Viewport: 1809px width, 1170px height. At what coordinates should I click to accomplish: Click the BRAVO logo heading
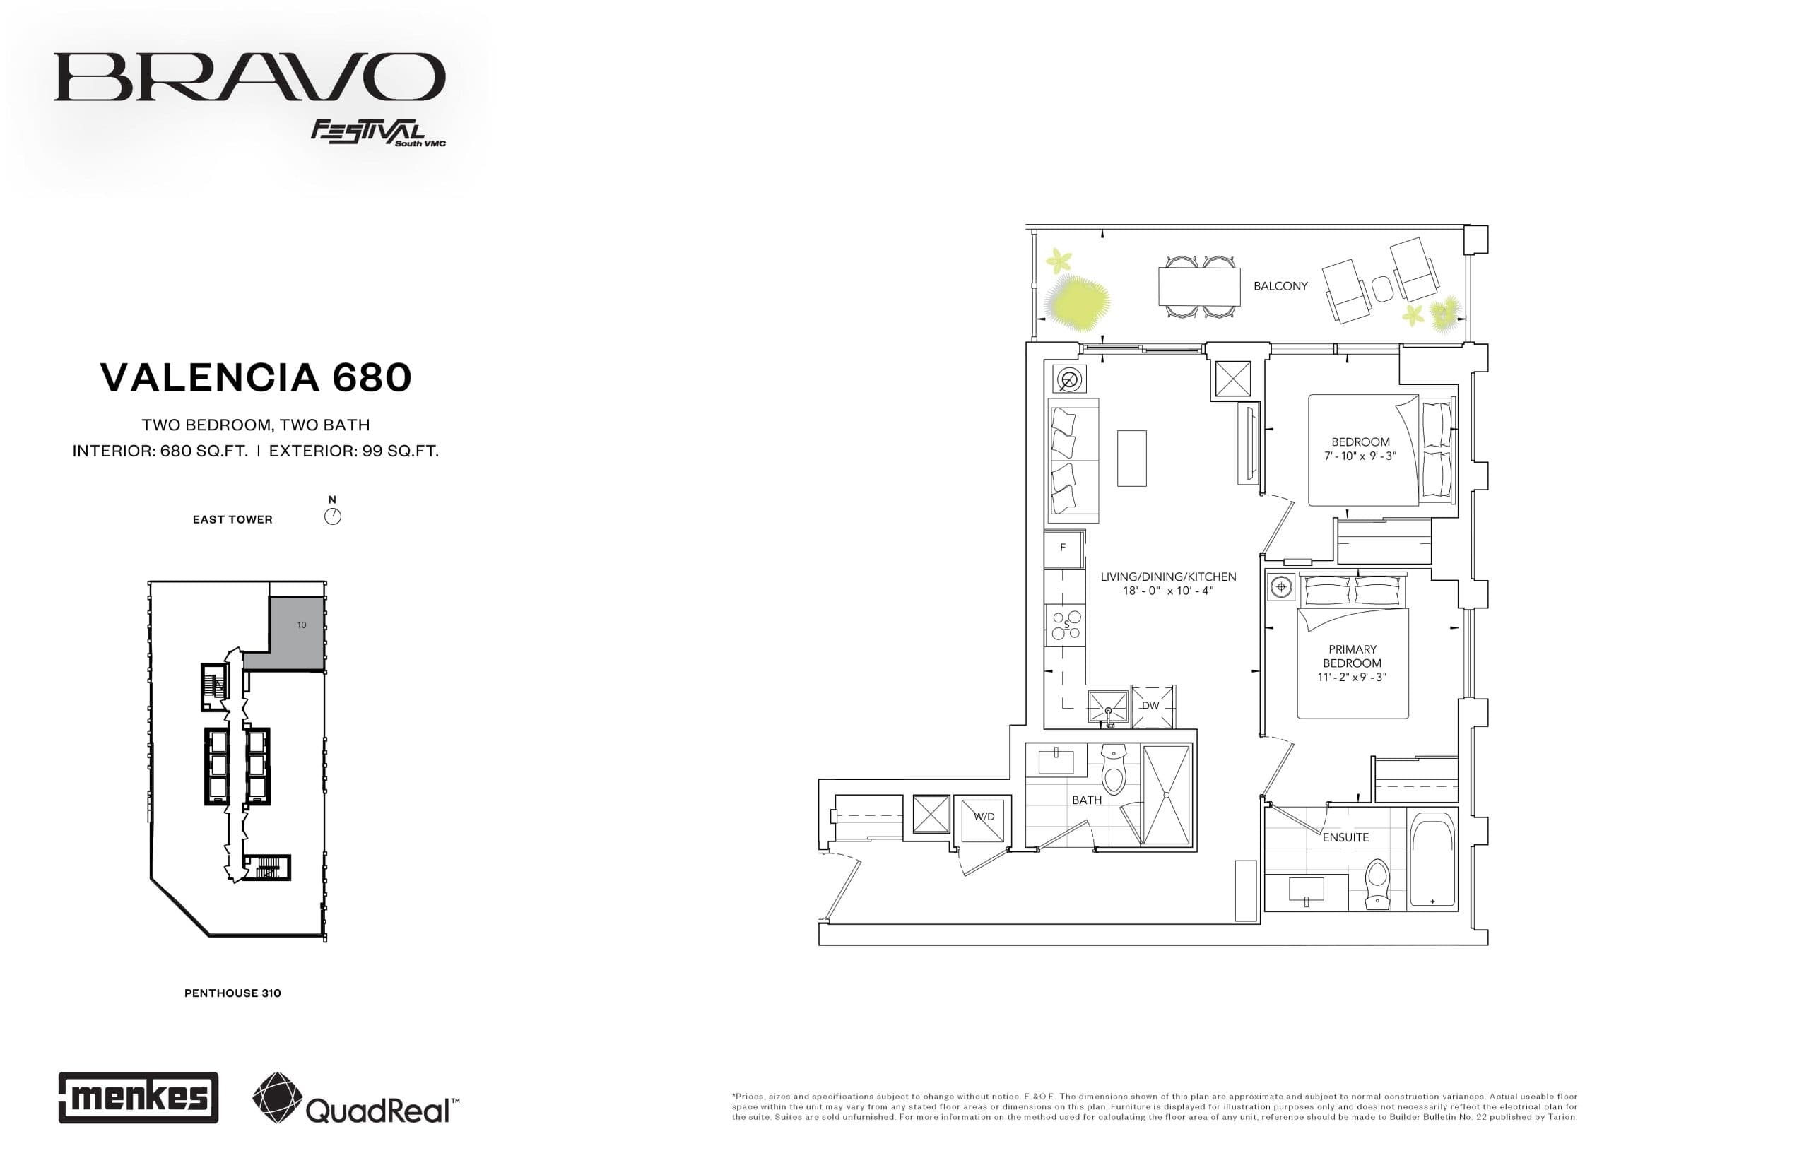(249, 77)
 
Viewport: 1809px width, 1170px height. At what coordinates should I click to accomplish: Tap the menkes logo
(139, 1097)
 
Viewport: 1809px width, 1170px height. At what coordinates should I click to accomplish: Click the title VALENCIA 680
(255, 377)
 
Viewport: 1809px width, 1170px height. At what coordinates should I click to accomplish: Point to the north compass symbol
(333, 516)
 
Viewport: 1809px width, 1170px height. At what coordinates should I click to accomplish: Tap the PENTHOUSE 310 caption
(232, 993)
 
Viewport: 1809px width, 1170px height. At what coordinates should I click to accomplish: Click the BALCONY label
(1280, 286)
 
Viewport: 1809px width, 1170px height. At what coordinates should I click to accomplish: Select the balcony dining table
(1199, 286)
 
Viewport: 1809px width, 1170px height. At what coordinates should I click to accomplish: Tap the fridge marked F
(1063, 548)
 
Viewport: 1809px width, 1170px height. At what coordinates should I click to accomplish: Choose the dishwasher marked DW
(1152, 706)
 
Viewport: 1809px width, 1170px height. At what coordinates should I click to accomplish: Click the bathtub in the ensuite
(1432, 859)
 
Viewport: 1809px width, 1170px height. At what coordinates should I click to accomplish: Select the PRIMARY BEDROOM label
(1352, 656)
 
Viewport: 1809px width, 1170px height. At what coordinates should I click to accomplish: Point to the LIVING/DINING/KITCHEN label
(1168, 577)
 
